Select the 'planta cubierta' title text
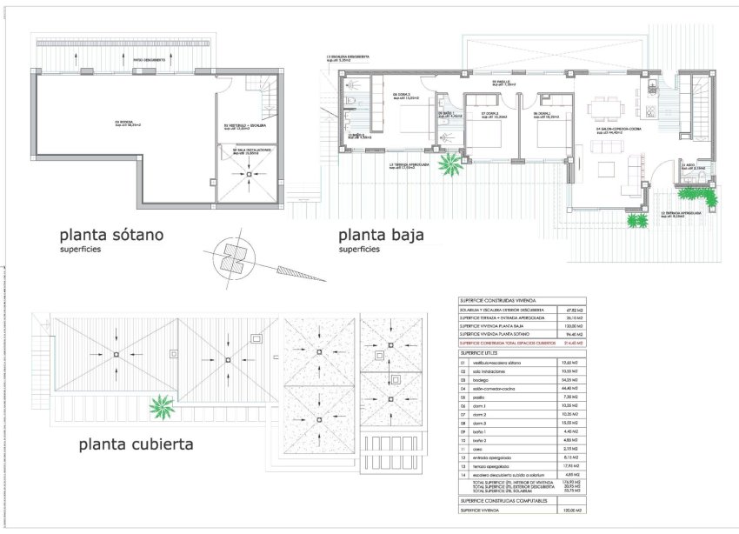[x=136, y=444]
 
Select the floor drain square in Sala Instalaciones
[x=249, y=175]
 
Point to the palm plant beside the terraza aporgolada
[x=451, y=162]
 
